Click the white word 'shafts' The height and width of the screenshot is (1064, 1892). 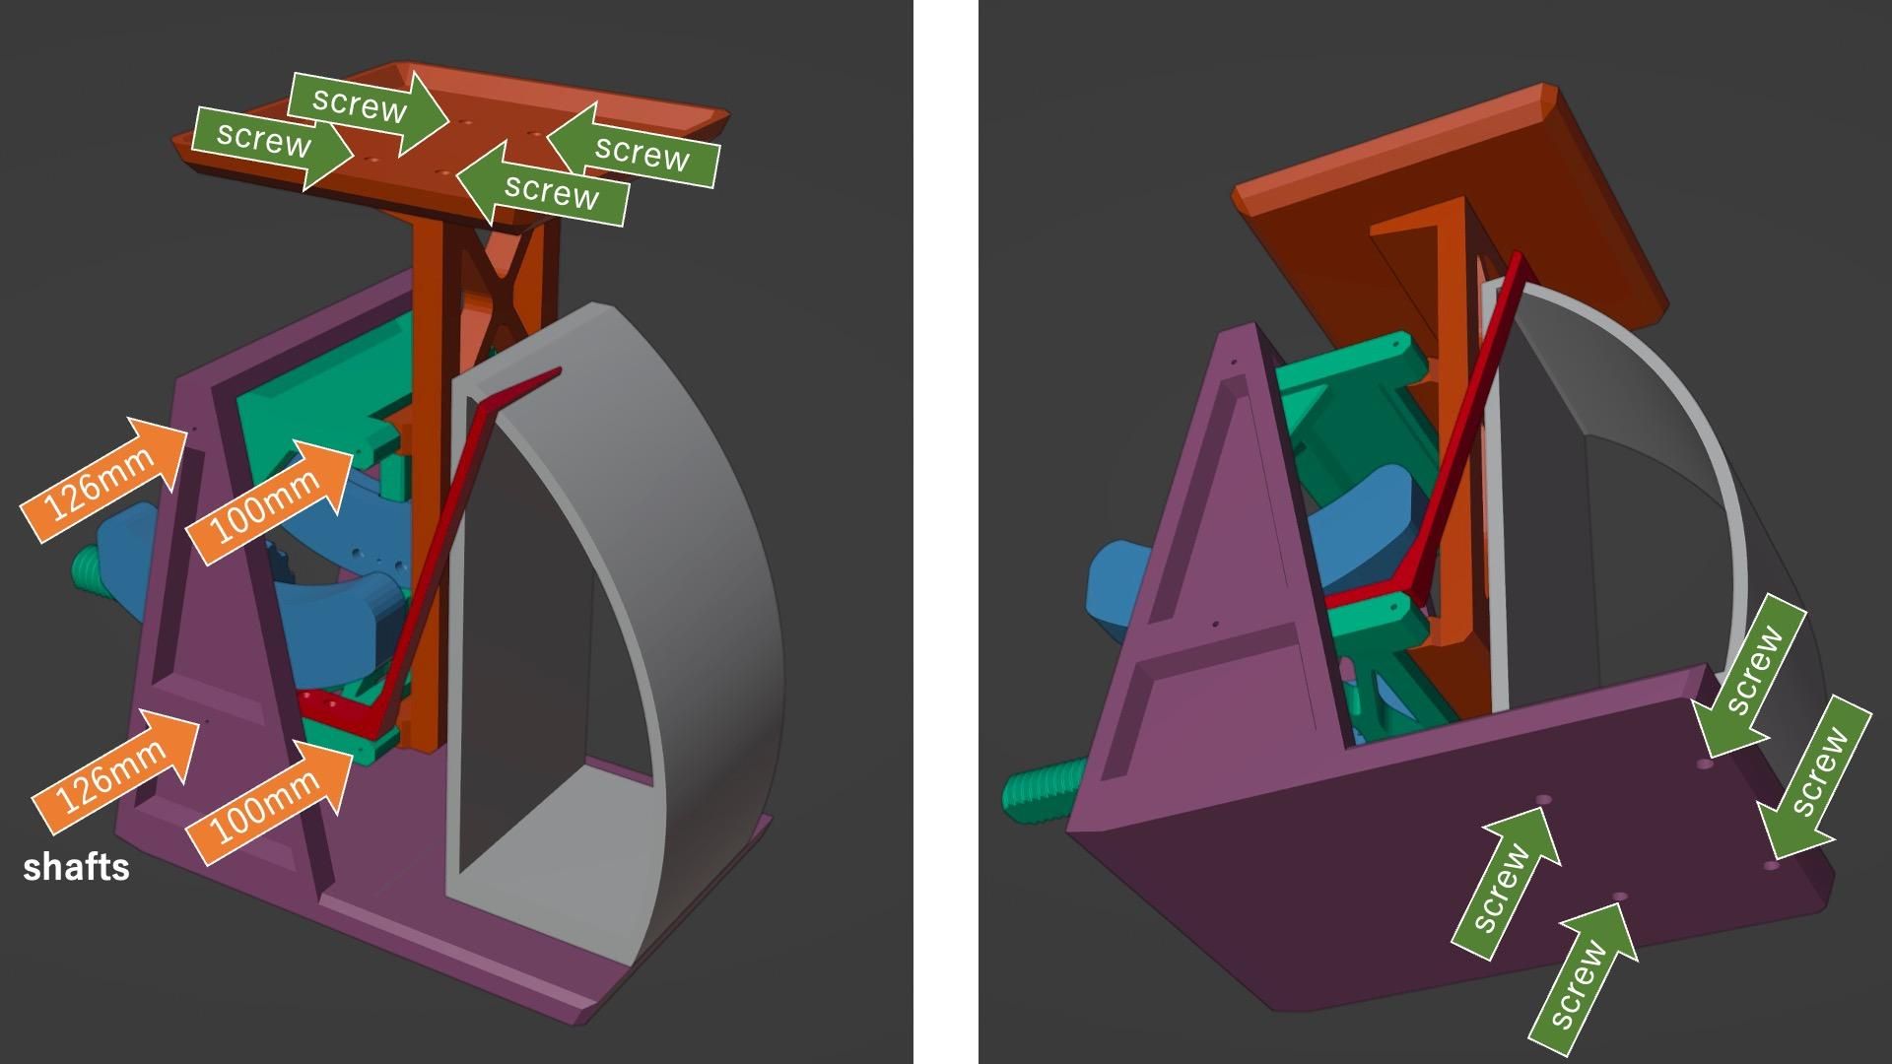tap(76, 867)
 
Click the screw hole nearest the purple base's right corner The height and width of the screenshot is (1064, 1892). tap(1771, 865)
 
